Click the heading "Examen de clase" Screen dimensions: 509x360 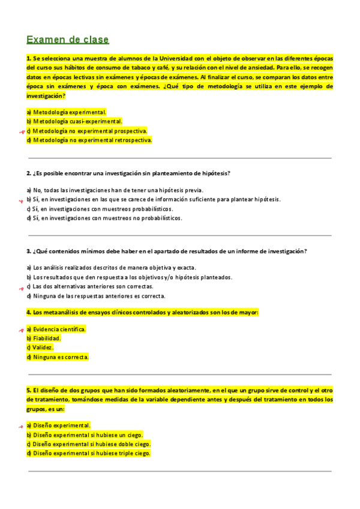coord(68,40)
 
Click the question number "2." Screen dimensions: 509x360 coord(29,173)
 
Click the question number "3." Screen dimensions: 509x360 coord(29,251)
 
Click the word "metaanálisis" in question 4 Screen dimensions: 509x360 coord(60,313)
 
